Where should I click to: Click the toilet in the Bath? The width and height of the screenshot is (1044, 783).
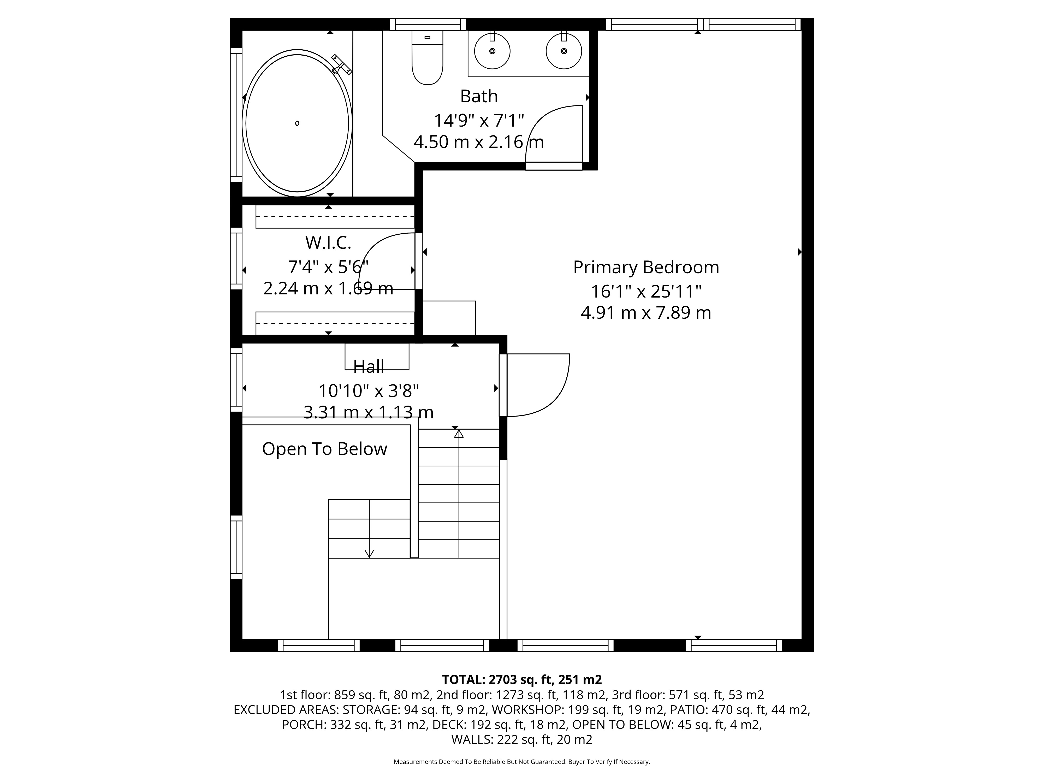pyautogui.click(x=427, y=58)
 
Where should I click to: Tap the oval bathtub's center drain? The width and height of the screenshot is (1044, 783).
pyautogui.click(x=297, y=123)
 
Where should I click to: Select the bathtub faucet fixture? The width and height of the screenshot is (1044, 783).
pyautogui.click(x=341, y=65)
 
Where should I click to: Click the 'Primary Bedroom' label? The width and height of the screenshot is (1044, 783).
pyautogui.click(x=646, y=267)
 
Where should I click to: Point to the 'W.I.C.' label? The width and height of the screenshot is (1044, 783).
pyautogui.click(x=328, y=242)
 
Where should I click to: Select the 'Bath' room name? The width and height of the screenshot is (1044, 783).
pyautogui.click(x=479, y=96)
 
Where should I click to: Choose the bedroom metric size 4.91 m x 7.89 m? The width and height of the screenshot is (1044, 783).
pyautogui.click(x=646, y=312)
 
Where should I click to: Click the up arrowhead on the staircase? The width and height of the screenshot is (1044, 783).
pyautogui.click(x=459, y=433)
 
